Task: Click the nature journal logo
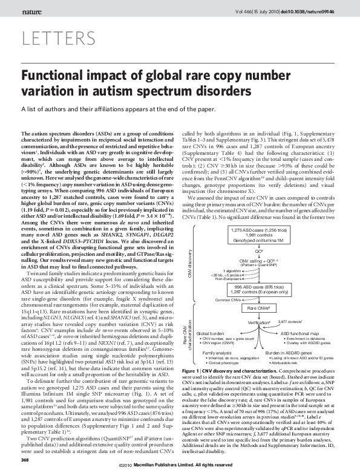point(32,11)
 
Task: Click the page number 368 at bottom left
point(25,461)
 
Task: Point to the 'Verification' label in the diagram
point(258,324)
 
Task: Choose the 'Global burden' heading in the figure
point(211,333)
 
